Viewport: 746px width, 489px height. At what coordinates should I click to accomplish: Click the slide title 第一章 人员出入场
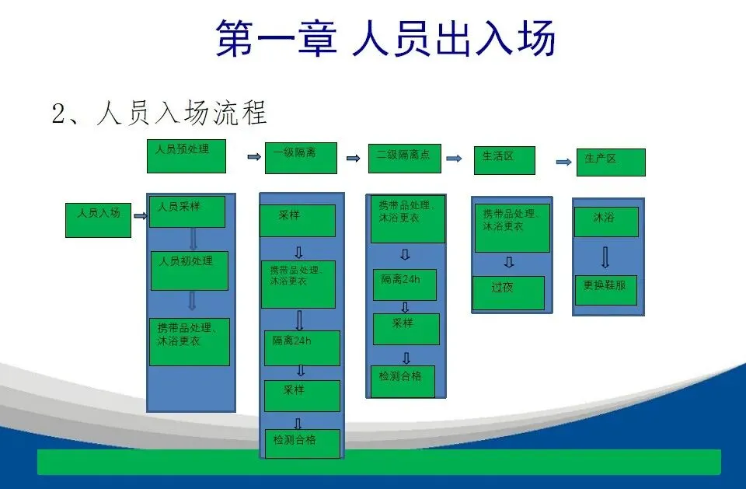point(385,38)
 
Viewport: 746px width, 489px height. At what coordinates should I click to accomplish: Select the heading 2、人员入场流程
point(159,114)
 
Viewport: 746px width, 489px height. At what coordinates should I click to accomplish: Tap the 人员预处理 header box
point(186,155)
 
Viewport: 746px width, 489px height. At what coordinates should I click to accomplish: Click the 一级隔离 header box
point(301,158)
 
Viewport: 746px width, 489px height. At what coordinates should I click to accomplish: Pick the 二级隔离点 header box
point(404,158)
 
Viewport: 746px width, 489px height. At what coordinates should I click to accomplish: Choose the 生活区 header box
point(505,161)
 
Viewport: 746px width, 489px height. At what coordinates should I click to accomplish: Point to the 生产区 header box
point(610,162)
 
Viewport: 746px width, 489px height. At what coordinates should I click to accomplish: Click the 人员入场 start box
point(98,219)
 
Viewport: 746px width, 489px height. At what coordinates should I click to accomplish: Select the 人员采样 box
point(186,211)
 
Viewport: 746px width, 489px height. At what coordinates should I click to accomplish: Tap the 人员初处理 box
point(189,270)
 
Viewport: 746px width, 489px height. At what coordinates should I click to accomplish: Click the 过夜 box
point(508,292)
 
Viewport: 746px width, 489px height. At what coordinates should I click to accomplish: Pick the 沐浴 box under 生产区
point(606,222)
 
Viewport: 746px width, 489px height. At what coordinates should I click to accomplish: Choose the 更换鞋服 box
point(605,290)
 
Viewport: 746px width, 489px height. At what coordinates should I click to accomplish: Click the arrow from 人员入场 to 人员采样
point(140,216)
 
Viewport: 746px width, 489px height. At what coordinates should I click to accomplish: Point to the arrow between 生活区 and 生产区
point(564,162)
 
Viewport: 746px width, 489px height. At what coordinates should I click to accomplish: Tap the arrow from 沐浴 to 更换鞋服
point(605,257)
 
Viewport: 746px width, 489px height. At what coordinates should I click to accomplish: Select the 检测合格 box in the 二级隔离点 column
point(403,381)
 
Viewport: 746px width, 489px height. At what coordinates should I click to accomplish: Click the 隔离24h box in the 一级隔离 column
point(302,348)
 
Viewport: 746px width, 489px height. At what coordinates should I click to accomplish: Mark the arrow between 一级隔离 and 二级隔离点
point(354,159)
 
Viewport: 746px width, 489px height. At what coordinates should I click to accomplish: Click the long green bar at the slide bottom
point(379,462)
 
